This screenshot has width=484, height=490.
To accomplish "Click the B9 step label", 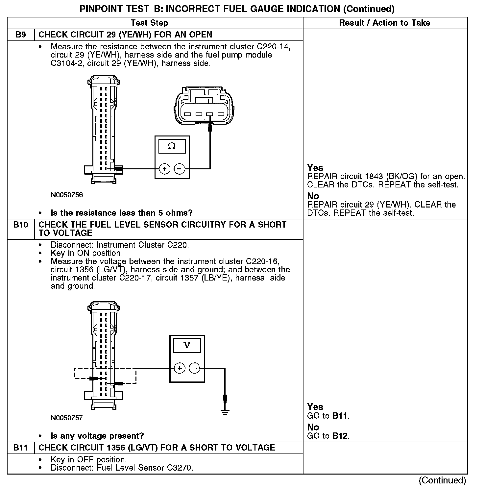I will pyautogui.click(x=21, y=35).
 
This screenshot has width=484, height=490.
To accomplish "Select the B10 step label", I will pyautogui.click(x=21, y=225).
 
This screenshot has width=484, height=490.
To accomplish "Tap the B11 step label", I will pyautogui.click(x=21, y=448).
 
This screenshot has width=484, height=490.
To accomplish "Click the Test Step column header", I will pyautogui.click(x=149, y=23).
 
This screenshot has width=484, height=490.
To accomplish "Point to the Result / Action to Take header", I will pyautogui.click(x=384, y=23).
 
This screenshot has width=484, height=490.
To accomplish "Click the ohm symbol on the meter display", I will pyautogui.click(x=172, y=146).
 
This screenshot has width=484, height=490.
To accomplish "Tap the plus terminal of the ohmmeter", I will pyautogui.click(x=164, y=169).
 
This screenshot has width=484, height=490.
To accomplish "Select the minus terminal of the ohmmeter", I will pyautogui.click(x=179, y=169).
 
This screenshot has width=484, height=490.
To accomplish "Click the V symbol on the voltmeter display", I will pyautogui.click(x=187, y=345).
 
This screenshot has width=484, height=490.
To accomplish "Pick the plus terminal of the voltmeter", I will pyautogui.click(x=180, y=368).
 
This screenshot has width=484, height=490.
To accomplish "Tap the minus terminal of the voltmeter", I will pyautogui.click(x=194, y=368).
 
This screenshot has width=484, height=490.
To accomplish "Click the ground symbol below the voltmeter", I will pyautogui.click(x=225, y=412).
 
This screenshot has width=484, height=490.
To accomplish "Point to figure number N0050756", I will pyautogui.click(x=67, y=195).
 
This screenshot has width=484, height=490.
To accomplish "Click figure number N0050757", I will pyautogui.click(x=67, y=418).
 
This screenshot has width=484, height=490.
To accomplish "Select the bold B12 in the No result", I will pyautogui.click(x=340, y=436).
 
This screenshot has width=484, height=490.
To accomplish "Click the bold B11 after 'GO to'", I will pyautogui.click(x=340, y=416).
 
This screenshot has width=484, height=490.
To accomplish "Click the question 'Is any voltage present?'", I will pyautogui.click(x=97, y=436).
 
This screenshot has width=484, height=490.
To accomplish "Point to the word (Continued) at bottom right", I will pyautogui.click(x=442, y=480).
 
